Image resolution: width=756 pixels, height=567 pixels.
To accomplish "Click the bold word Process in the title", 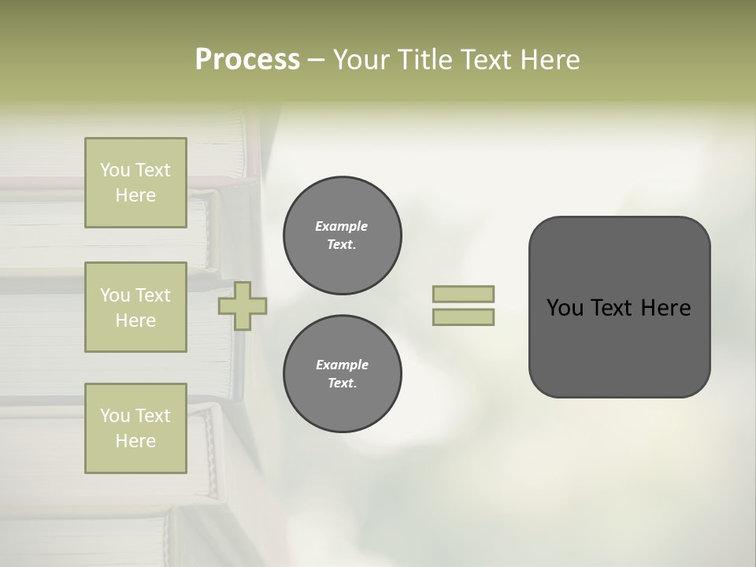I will (x=247, y=59).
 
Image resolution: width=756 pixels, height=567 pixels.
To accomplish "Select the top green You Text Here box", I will (x=135, y=183).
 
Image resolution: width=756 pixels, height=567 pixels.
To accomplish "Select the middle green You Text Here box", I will (x=135, y=307).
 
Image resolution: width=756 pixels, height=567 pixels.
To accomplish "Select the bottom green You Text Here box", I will (x=135, y=428).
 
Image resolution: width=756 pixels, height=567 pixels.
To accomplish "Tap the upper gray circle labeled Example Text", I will (x=342, y=235).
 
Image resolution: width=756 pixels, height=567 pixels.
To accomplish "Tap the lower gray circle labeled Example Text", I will (x=342, y=373).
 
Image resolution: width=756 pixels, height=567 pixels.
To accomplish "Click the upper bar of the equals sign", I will (x=463, y=294).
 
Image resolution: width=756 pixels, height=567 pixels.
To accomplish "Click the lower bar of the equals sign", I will (x=463, y=317).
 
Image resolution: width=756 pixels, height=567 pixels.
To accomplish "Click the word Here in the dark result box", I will (x=665, y=308).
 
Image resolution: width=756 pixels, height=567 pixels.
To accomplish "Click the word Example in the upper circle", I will (x=342, y=226).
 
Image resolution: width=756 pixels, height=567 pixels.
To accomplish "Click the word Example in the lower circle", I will (x=342, y=365).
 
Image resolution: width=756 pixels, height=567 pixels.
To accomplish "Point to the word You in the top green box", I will (x=115, y=170).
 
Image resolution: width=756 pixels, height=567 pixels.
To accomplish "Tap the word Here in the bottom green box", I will (x=135, y=441).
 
